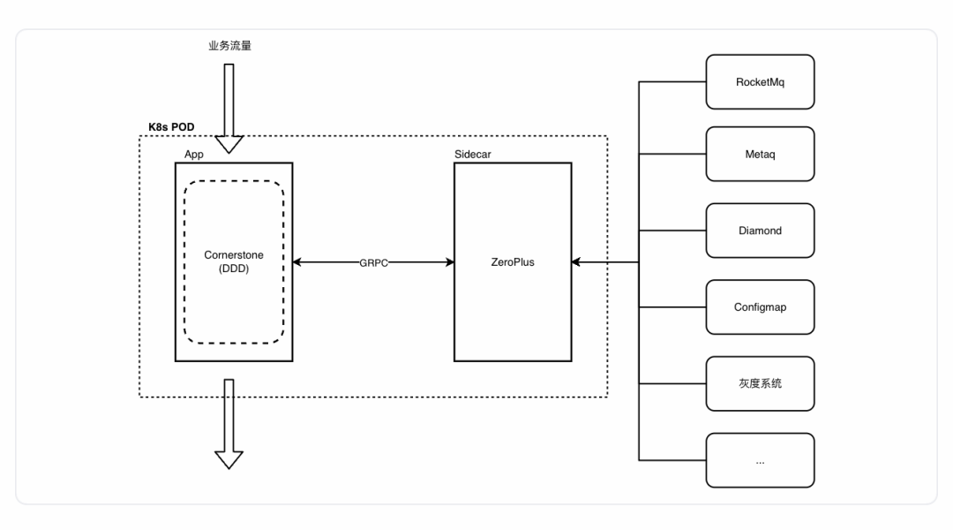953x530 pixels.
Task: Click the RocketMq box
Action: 760,81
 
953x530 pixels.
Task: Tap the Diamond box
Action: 760,231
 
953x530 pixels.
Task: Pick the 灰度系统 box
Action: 760,383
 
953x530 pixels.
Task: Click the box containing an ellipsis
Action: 760,459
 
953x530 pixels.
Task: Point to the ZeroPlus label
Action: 512,261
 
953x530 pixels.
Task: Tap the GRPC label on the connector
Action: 372,262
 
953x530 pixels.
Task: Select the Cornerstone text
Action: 234,254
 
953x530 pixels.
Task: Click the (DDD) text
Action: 234,269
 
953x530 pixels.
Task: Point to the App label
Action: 193,155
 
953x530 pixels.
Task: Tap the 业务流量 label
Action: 229,45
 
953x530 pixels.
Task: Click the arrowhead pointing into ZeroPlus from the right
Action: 577,261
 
